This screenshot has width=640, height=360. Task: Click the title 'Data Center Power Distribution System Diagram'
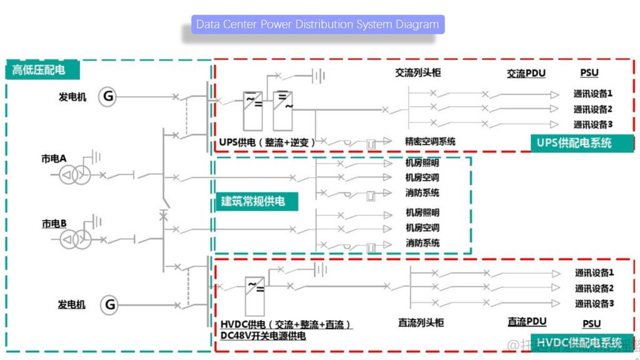(317, 24)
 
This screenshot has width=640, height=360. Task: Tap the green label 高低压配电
(39, 70)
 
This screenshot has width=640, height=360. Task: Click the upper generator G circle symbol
(108, 96)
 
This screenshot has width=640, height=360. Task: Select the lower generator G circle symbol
(109, 305)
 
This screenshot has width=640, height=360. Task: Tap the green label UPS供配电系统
(574, 142)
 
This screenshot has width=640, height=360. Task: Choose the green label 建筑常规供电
(253, 201)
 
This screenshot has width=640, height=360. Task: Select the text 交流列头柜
(417, 72)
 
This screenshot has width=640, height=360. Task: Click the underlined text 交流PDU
(526, 73)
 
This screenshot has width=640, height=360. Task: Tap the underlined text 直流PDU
(527, 322)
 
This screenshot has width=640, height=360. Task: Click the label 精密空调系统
(430, 142)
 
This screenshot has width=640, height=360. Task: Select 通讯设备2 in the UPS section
(592, 109)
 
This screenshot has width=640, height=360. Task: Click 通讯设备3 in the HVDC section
(594, 304)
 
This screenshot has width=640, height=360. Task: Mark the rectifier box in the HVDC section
(254, 295)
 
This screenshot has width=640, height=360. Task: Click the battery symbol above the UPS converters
(319, 76)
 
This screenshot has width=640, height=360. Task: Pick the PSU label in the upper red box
(589, 73)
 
